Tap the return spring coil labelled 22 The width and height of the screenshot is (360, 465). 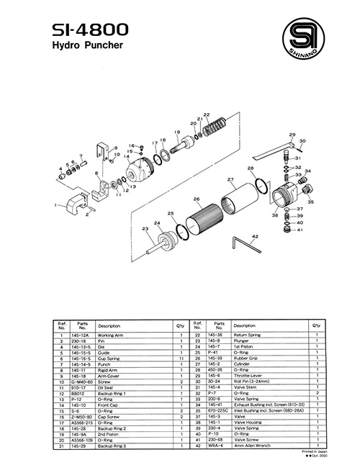(x=214, y=130)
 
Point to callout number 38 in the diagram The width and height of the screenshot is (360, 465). (x=275, y=215)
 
